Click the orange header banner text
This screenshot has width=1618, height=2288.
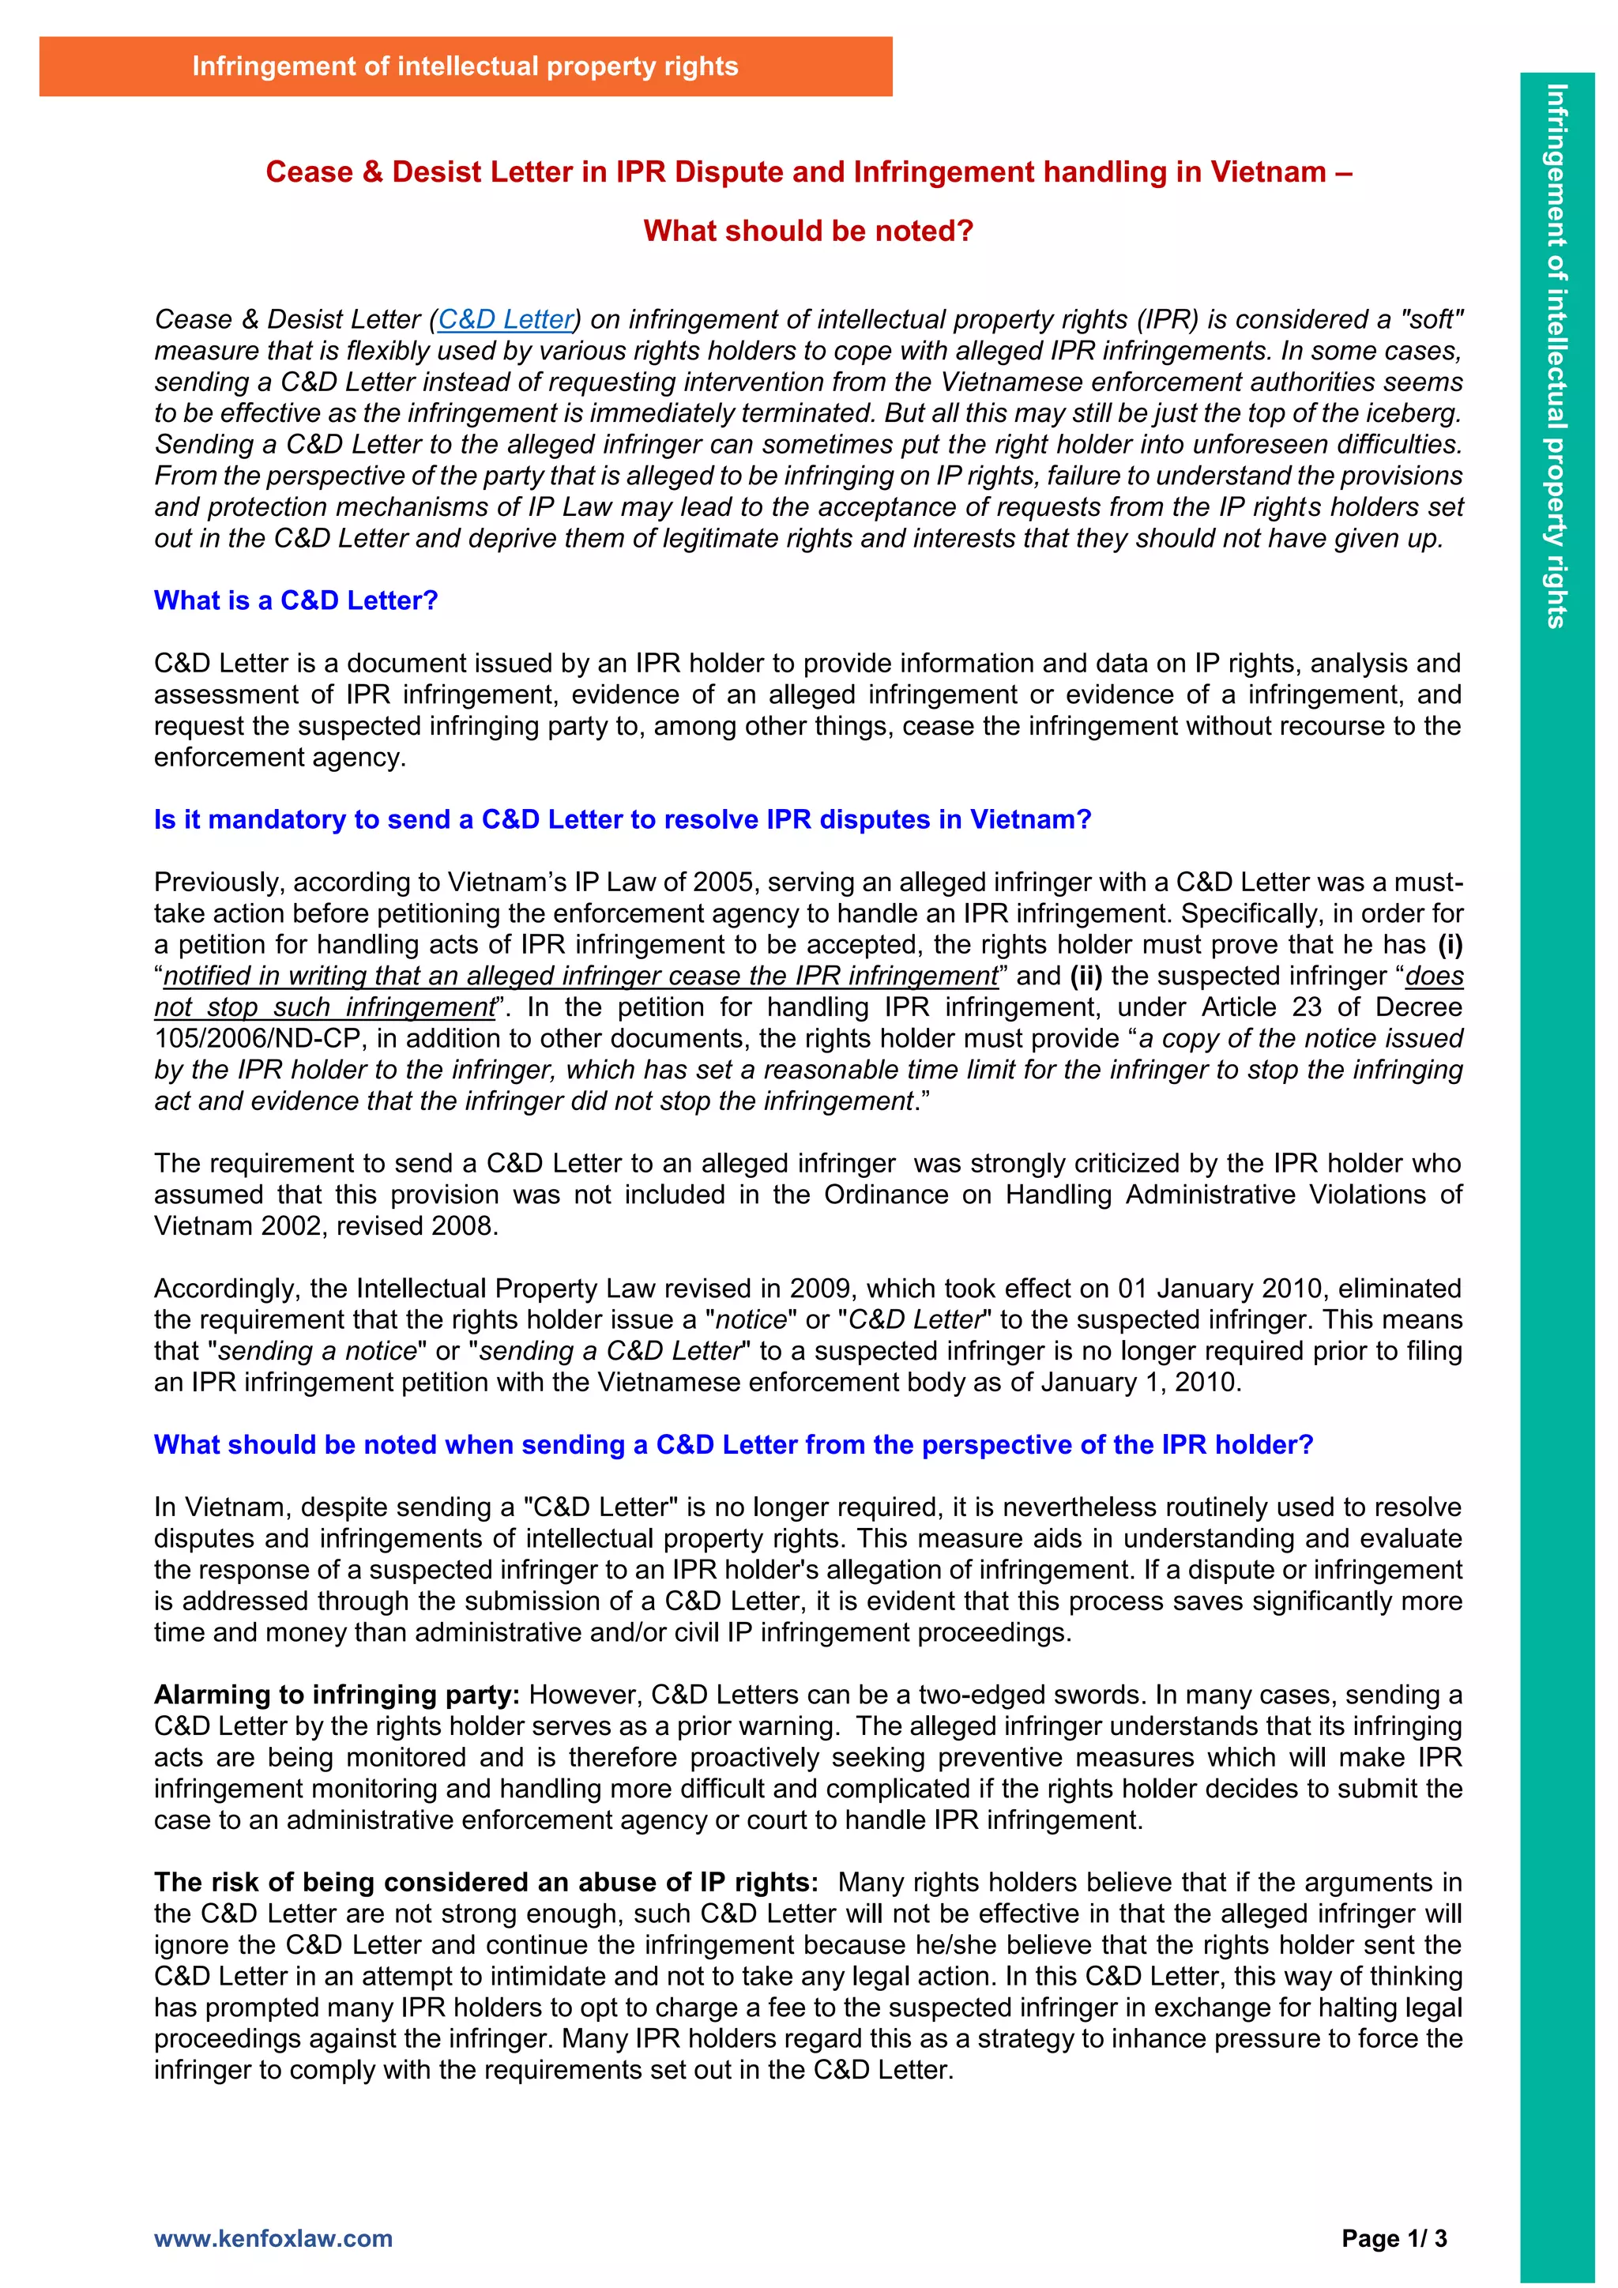[465, 67]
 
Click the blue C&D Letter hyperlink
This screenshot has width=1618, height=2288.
[506, 319]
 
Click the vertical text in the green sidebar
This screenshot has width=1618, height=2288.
[1556, 355]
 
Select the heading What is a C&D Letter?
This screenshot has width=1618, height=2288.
[296, 601]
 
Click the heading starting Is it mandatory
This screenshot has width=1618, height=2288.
[623, 819]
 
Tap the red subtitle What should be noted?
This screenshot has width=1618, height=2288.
[808, 231]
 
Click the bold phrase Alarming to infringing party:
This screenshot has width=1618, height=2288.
[337, 1695]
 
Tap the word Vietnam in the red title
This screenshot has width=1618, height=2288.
[1266, 172]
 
